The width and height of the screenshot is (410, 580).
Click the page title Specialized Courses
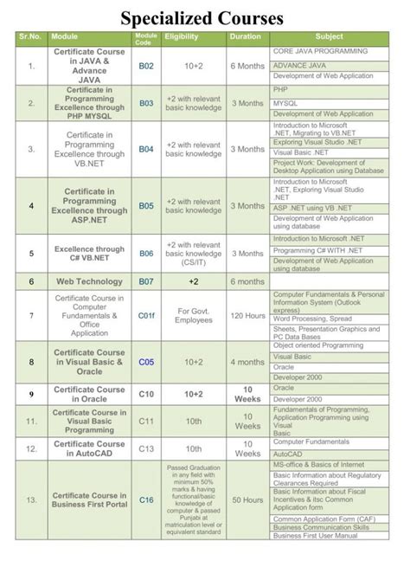(202, 17)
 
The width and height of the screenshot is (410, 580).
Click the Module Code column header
(145, 37)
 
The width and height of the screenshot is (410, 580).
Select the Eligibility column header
(182, 37)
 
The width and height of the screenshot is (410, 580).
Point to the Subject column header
(329, 37)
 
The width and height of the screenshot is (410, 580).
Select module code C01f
(145, 315)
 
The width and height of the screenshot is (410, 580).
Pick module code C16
(145, 499)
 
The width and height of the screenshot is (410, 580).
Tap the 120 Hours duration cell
(247, 315)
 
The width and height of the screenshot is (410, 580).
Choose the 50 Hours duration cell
(247, 499)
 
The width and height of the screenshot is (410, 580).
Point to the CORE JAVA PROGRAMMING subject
(320, 52)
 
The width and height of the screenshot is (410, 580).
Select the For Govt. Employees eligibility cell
(194, 315)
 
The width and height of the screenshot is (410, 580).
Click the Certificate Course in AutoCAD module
(89, 448)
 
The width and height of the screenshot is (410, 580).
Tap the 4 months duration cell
(247, 363)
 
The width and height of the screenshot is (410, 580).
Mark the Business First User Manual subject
(316, 536)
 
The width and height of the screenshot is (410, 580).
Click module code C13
(145, 448)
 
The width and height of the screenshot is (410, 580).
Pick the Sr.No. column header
(30, 37)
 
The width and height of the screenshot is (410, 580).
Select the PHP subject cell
(280, 89)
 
